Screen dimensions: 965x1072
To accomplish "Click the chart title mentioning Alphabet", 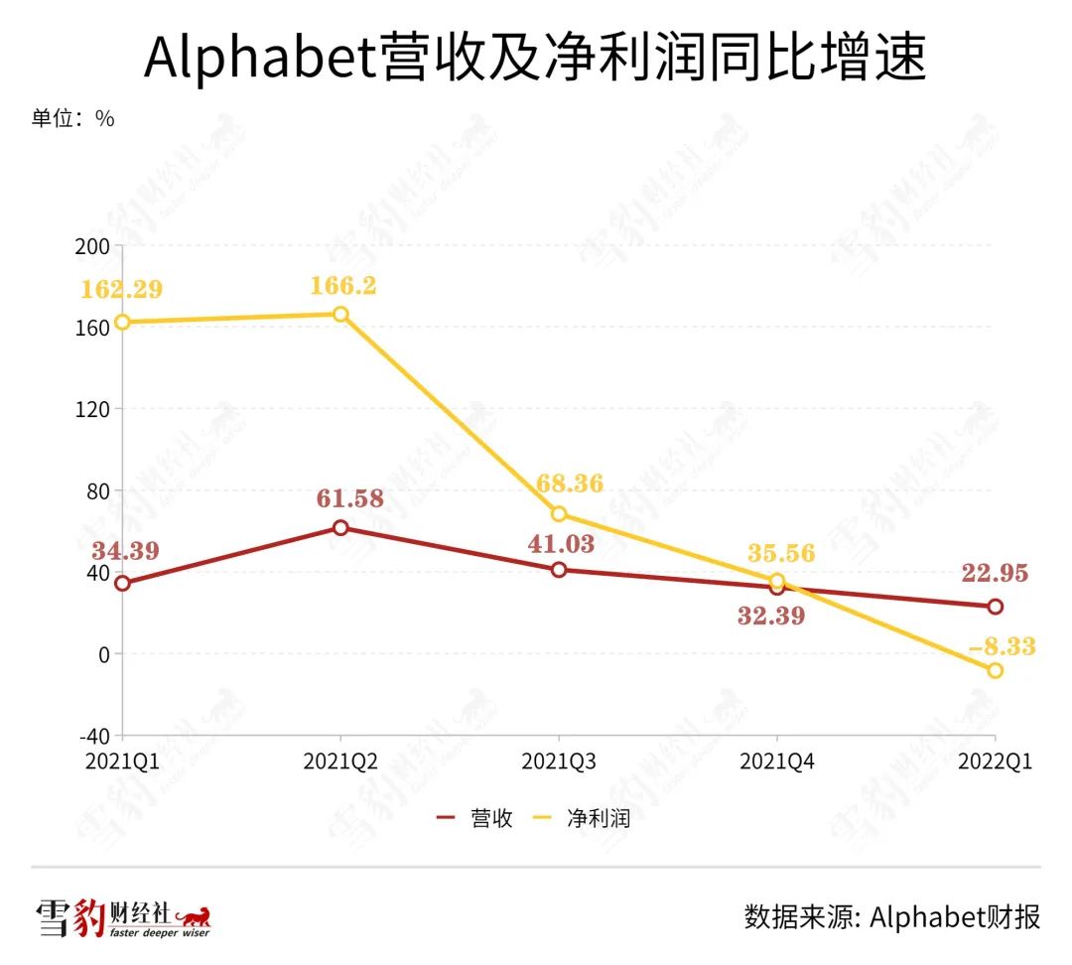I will pos(535,59).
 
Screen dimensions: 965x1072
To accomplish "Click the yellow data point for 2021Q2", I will pos(340,314).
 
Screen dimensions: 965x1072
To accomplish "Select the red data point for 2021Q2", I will pos(340,527).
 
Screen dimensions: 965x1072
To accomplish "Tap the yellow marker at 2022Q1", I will pos(995,670).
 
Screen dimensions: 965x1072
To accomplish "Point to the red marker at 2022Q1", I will pos(995,607).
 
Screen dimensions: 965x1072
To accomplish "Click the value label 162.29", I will pos(123,291).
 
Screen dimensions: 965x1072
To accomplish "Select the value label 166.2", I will pos(341,286).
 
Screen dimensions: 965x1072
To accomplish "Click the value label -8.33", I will pos(1001,647).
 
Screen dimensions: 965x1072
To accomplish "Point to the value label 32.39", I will pos(770,616).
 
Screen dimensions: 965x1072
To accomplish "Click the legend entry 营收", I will pos(476,818).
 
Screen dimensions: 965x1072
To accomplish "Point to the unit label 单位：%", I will pos(72,118).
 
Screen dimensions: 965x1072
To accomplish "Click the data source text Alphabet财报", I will pos(892,916).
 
